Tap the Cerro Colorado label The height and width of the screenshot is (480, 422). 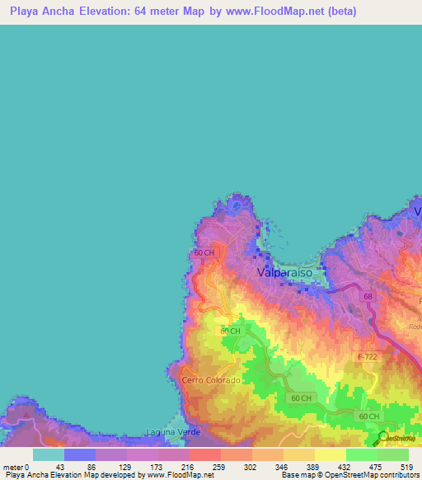coord(211,380)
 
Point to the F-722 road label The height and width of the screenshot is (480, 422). coord(368,355)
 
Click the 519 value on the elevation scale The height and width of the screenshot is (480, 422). coord(404,467)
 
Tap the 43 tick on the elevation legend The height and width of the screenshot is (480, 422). coord(59,467)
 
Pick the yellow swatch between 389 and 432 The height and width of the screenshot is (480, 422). coord(331,454)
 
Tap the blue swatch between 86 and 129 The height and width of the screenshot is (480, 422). coord(80,454)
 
